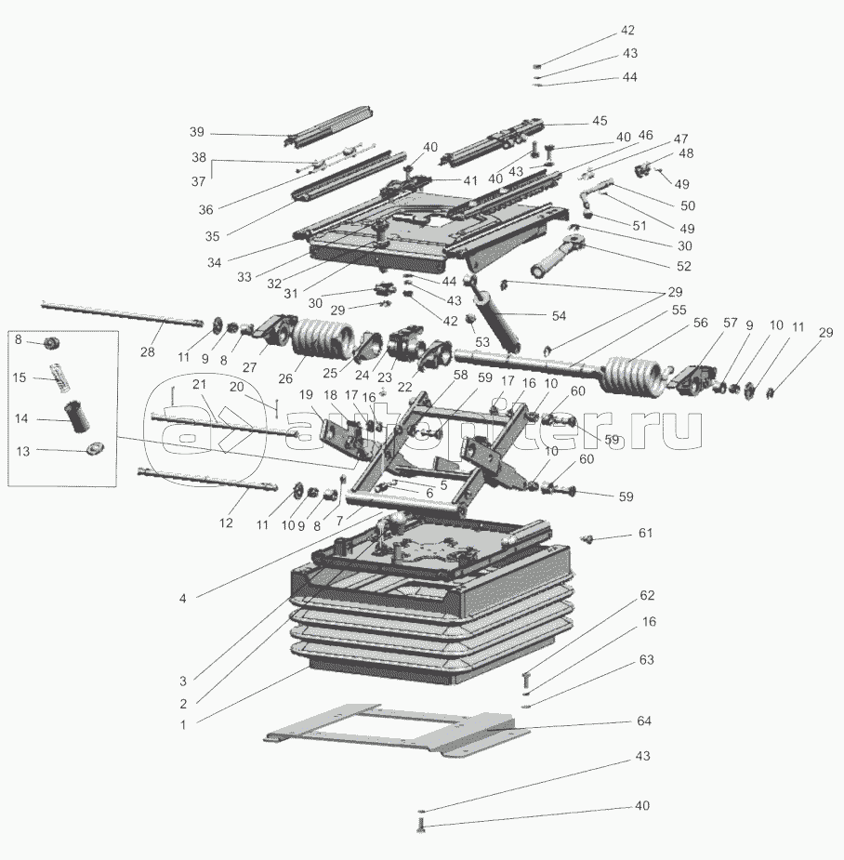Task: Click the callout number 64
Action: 644,721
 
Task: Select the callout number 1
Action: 183,724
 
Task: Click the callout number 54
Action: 559,316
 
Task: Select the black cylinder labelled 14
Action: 77,417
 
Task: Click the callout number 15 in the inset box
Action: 20,377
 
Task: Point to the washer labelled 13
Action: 94,449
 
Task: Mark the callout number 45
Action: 600,121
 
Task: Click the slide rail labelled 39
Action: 329,126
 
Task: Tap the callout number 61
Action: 645,533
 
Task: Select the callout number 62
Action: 647,595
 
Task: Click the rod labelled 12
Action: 208,478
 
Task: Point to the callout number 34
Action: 214,263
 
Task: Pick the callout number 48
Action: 685,153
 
